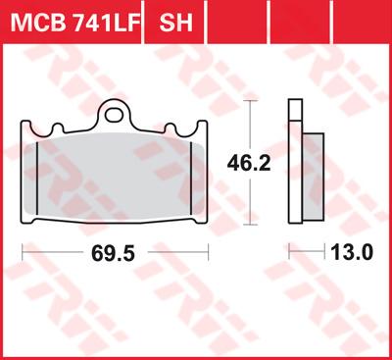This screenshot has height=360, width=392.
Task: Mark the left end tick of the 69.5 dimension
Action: tap(23, 253)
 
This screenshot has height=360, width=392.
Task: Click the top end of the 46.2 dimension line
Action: tap(253, 102)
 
